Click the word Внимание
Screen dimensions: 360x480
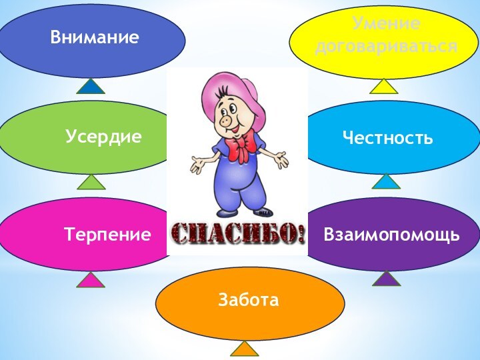point(95,37)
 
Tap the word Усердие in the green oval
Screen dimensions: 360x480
point(104,137)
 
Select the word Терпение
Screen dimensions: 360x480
point(107,234)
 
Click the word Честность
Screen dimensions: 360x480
point(387,138)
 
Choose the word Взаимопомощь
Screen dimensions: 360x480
point(391,235)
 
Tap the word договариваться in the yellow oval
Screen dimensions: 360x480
point(387,47)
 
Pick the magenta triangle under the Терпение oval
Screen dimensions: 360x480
point(91,279)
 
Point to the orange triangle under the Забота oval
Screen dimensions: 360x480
point(244,349)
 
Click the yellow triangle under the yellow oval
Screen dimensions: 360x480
point(384,86)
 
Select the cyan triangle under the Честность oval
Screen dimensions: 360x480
point(385,181)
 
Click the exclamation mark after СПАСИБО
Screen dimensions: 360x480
point(301,233)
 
